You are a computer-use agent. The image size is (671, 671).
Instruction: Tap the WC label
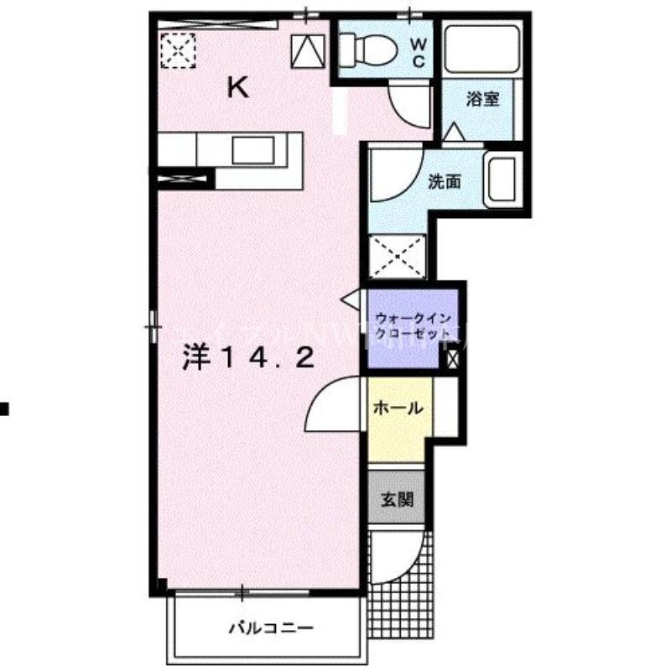click(417, 51)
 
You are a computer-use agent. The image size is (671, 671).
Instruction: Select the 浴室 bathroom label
click(482, 100)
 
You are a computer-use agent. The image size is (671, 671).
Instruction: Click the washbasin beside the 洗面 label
click(502, 179)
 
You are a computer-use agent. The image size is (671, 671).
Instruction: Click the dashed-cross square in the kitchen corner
click(179, 49)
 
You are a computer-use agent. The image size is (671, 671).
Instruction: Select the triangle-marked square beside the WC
click(308, 53)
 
